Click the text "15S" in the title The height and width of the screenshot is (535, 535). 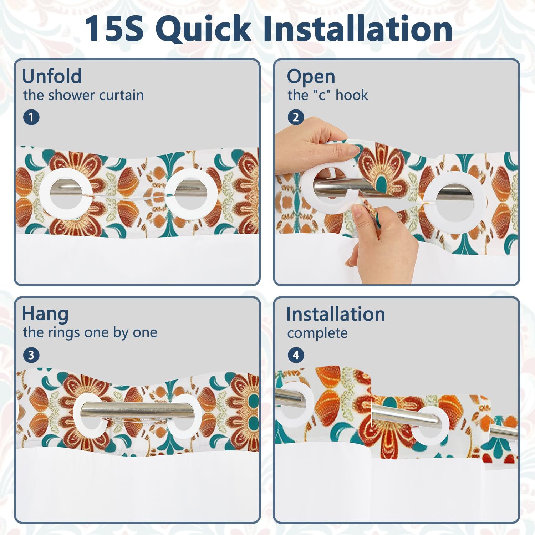click(x=114, y=29)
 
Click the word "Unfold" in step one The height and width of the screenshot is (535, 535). click(x=52, y=76)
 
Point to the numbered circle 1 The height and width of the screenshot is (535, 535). click(x=31, y=117)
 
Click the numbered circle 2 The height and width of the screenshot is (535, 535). click(x=296, y=117)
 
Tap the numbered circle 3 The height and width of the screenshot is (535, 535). click(x=31, y=355)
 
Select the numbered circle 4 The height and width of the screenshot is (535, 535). click(x=296, y=355)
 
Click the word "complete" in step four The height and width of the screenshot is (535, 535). click(x=317, y=333)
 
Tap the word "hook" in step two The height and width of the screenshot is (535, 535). click(x=352, y=95)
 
